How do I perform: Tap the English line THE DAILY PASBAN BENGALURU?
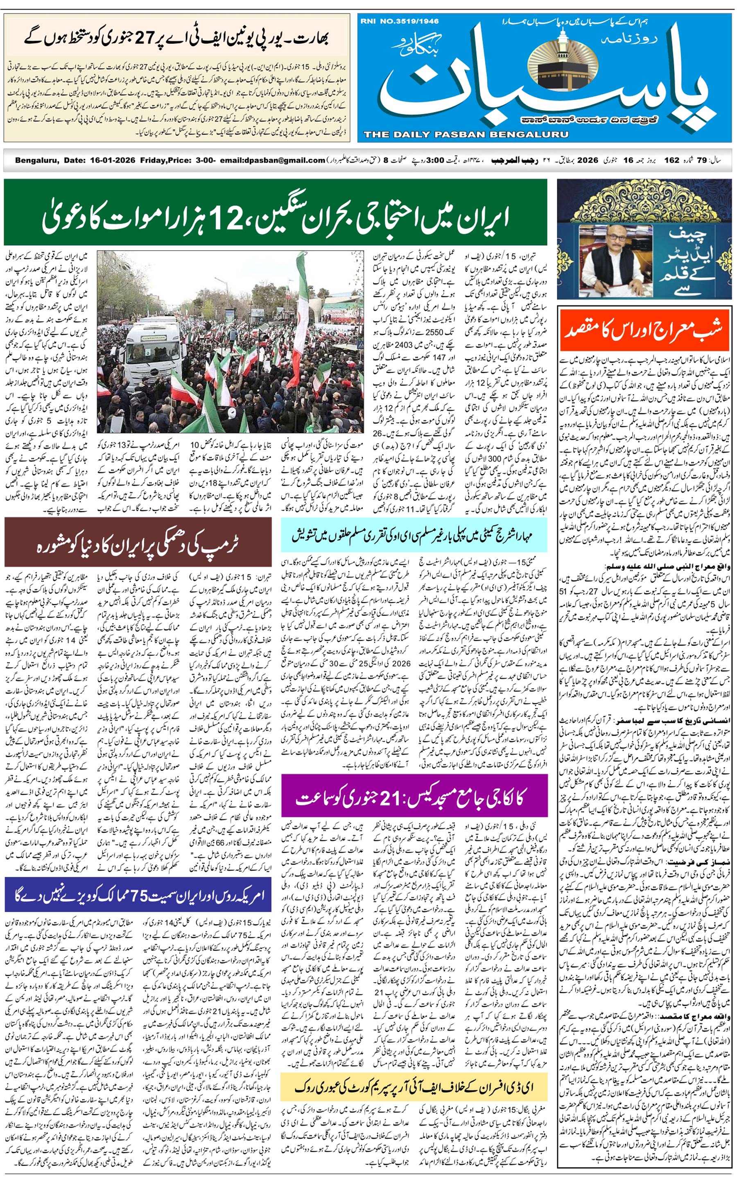tap(466, 134)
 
